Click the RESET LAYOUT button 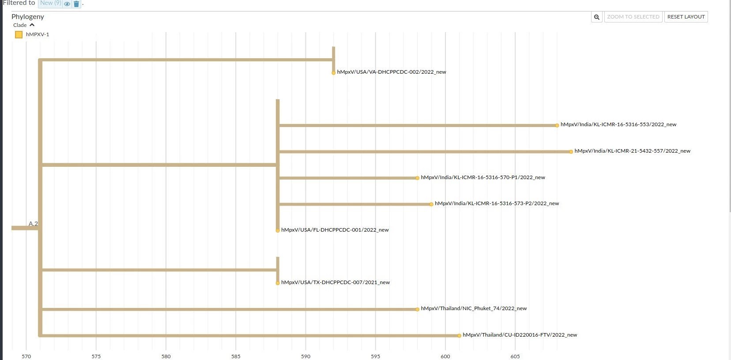[686, 17]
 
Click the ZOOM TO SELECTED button [633, 17]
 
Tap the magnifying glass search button [596, 17]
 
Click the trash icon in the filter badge [76, 4]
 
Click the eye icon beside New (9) [67, 4]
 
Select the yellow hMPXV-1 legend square [19, 34]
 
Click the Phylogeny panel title [28, 16]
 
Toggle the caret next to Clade [32, 25]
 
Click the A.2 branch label [33, 224]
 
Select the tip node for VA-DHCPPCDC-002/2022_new [333, 73]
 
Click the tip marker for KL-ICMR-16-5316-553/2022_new [557, 125]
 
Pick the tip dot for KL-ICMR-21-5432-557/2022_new [571, 152]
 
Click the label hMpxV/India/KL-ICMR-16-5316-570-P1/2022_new [483, 177]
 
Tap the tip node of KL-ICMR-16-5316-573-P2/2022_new [431, 204]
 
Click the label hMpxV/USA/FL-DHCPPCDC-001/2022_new [335, 230]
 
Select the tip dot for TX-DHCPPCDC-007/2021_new [278, 283]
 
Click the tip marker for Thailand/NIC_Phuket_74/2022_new [417, 309]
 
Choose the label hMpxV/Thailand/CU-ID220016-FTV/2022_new [520, 335]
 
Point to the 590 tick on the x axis [305, 356]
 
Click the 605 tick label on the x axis [515, 356]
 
